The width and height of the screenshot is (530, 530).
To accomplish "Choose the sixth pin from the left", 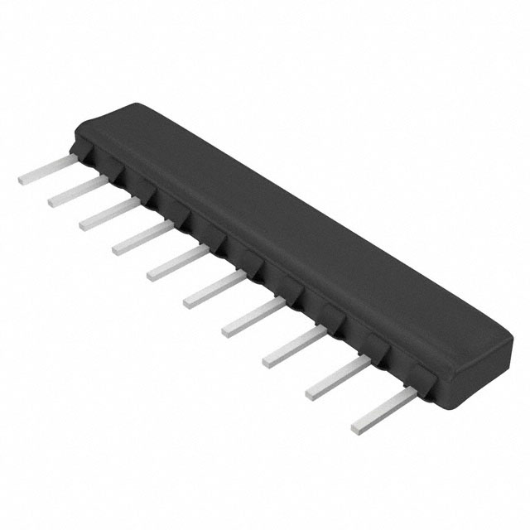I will pyautogui.click(x=213, y=288).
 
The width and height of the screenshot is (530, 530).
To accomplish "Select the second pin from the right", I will pyautogui.click(x=335, y=377).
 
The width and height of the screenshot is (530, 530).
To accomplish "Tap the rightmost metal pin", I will pyautogui.click(x=382, y=411).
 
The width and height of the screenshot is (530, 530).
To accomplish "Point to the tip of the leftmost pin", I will pyautogui.click(x=22, y=179).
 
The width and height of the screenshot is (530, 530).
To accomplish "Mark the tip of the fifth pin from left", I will pyautogui.click(x=152, y=274).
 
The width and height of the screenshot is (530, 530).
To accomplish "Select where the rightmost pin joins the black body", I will pyautogui.click(x=412, y=393).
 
